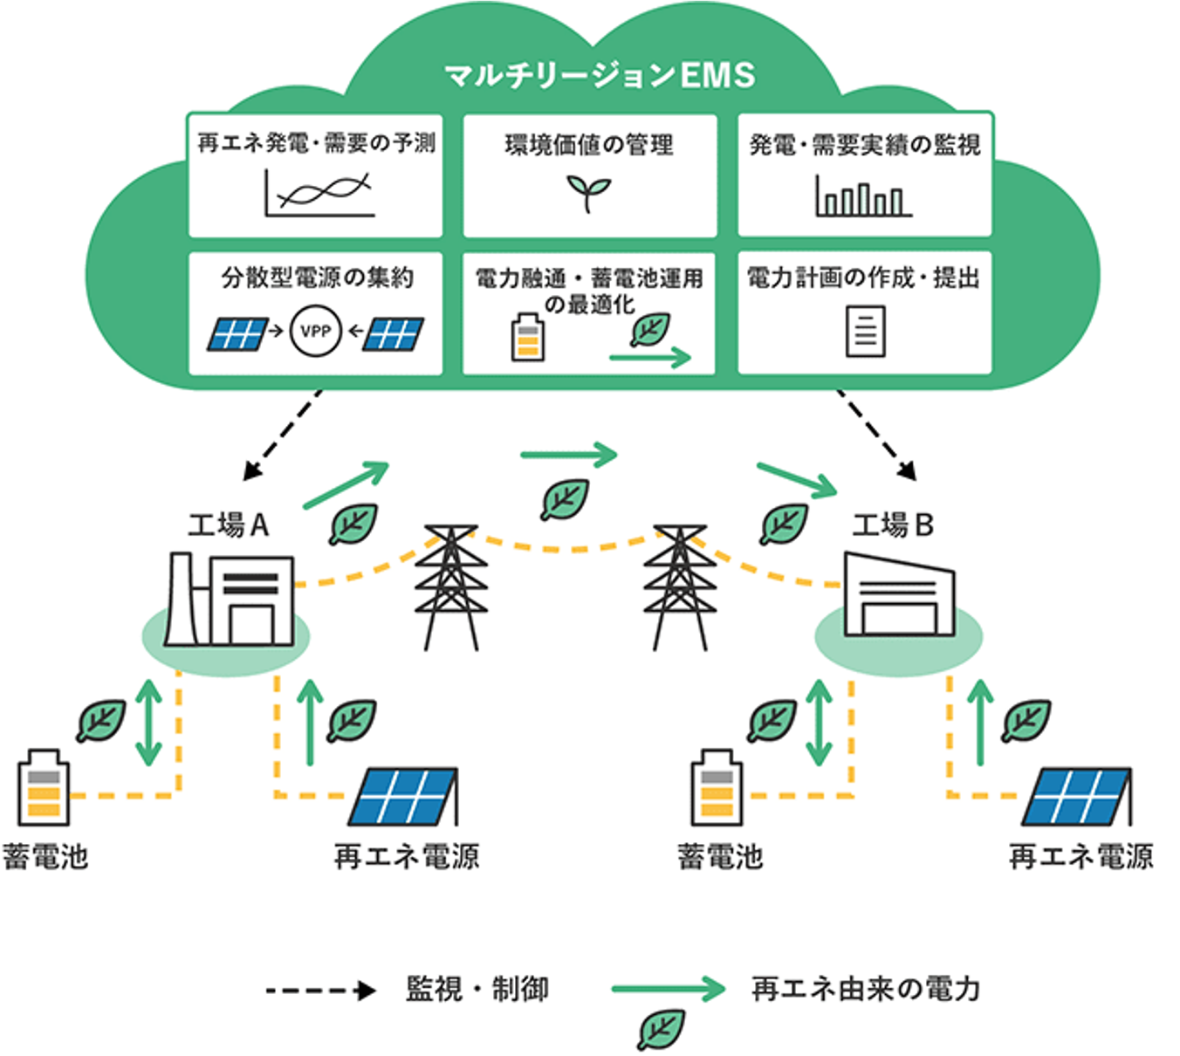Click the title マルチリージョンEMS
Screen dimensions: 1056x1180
click(x=600, y=75)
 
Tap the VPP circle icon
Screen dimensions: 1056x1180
click(x=315, y=331)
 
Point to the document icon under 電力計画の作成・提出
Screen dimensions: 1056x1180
click(x=865, y=331)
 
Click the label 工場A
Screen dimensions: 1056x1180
click(x=229, y=525)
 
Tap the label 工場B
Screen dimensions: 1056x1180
click(x=893, y=525)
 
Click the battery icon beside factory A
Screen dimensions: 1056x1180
click(x=44, y=787)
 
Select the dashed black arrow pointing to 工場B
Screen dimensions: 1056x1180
click(x=876, y=435)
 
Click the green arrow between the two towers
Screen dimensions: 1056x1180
click(x=568, y=455)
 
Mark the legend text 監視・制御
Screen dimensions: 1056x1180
click(x=477, y=989)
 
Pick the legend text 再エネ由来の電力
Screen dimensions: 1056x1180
click(x=866, y=989)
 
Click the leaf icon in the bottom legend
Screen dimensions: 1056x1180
click(x=661, y=1030)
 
